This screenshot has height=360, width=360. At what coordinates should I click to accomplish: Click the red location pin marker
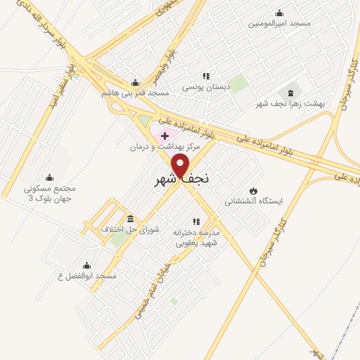point(181,166)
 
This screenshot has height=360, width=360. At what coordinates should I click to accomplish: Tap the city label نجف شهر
point(181,181)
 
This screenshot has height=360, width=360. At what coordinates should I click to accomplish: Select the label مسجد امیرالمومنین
point(278,23)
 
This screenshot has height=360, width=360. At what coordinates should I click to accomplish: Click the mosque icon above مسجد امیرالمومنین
point(279,12)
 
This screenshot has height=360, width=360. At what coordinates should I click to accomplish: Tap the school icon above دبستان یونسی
point(206,76)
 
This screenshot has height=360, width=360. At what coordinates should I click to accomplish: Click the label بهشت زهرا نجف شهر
point(291,103)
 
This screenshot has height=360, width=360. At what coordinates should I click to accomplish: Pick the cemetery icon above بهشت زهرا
point(290,92)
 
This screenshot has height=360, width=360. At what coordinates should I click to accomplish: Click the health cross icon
point(165,135)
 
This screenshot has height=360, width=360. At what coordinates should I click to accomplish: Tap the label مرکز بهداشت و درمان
point(165,147)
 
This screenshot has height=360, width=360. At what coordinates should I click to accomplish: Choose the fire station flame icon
point(253,191)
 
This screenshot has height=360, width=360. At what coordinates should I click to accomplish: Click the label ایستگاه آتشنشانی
point(253,202)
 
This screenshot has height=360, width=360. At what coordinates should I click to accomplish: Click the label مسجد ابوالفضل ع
point(88,276)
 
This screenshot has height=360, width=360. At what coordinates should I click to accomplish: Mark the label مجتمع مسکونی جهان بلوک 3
point(49,193)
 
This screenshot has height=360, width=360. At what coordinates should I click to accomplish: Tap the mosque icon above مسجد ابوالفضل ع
point(87,265)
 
